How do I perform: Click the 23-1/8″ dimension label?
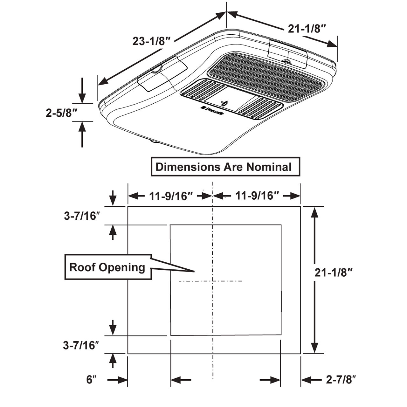tap(152, 41)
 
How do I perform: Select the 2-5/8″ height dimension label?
tap(62, 113)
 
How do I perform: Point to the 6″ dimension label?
tap(91, 379)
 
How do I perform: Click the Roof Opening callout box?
tap(107, 267)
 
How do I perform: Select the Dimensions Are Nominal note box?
tap(225, 167)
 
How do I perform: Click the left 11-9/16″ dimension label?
tap(171, 196)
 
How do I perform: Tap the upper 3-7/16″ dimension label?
tap(82, 216)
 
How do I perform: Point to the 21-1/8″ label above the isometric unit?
tap(307, 29)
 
